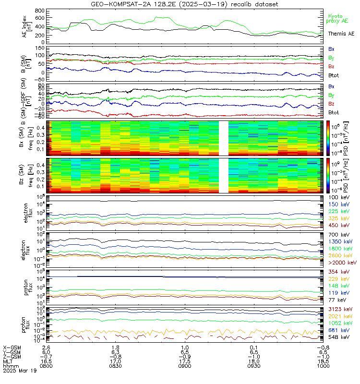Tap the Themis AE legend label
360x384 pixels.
coord(341,34)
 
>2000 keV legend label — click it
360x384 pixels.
coord(342,263)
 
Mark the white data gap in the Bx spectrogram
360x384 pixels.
coord(223,138)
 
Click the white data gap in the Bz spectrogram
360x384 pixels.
coord(223,175)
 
